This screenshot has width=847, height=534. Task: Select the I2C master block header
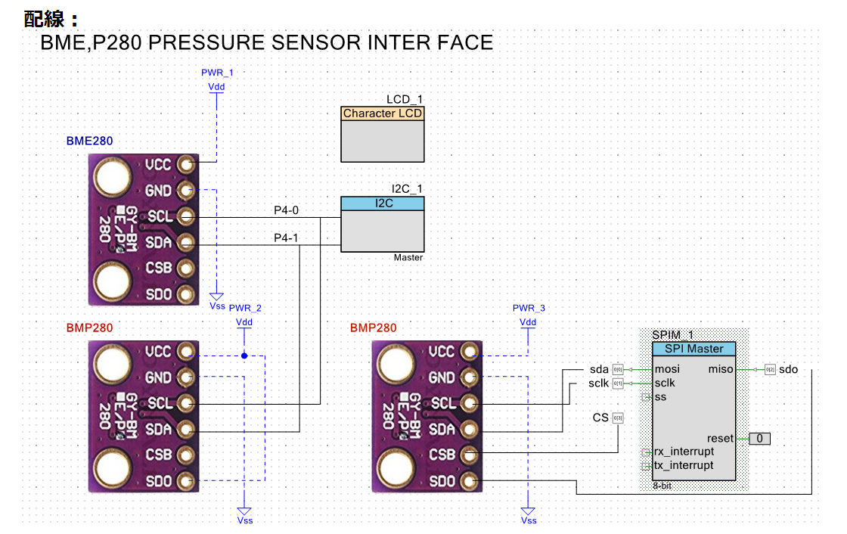coord(382,203)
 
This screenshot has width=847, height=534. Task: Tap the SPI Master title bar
coord(693,349)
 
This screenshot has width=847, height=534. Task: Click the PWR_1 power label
coord(217,73)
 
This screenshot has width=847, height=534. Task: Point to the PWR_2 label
coord(245,309)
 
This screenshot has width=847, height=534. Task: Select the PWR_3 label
coord(528,309)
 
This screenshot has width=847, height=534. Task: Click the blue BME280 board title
coord(90,141)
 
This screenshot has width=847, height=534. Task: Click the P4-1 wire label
coord(286,238)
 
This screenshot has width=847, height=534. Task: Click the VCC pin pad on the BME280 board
coord(185,164)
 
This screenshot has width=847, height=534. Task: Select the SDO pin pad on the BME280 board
coord(185,293)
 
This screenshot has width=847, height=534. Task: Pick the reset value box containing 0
coord(760,439)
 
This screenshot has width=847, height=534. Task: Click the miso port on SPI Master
coord(719,369)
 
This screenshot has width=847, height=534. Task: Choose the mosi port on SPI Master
coord(667,369)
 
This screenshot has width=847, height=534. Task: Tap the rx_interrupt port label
coord(684,452)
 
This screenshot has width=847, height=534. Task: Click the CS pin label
coord(600,418)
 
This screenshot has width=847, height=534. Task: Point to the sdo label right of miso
coord(788,369)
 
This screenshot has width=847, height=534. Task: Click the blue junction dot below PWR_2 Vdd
coord(244,355)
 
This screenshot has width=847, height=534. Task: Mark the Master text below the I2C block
coord(408,258)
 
